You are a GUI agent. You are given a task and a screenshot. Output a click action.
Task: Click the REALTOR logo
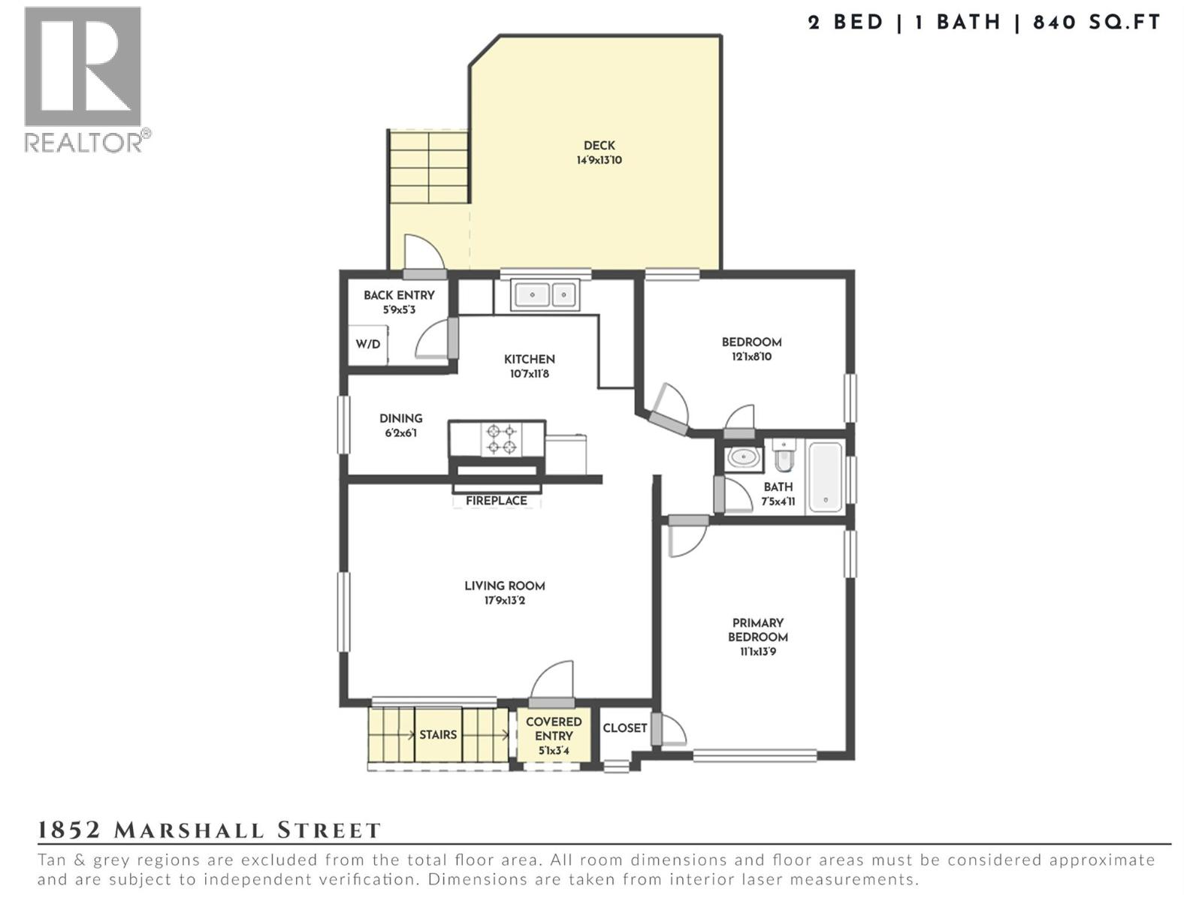point(83,78)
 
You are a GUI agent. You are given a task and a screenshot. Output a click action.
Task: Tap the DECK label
point(599,146)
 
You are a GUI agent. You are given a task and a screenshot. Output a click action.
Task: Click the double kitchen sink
point(545,294)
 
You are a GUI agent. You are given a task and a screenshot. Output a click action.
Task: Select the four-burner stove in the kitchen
point(501,439)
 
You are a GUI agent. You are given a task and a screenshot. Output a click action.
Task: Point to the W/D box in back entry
point(367,345)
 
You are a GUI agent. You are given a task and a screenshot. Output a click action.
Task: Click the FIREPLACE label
point(496,501)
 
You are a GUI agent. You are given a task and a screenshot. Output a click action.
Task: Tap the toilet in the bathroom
point(784,454)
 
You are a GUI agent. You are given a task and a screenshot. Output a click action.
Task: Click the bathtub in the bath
point(825,477)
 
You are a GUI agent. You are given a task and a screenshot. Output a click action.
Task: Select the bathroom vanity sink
point(744,457)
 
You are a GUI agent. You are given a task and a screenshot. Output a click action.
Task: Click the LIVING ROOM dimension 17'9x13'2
point(505,601)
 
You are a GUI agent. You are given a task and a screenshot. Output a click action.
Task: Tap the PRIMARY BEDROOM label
point(757,630)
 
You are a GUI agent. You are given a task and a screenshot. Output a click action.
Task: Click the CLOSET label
point(624,728)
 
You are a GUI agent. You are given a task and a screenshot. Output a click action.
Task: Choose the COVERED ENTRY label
point(553,728)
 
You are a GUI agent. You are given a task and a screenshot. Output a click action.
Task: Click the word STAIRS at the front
point(438,734)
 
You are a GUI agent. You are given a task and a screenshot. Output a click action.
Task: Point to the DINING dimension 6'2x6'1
point(400,433)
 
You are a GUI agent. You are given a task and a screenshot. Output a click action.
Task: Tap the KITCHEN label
point(529,360)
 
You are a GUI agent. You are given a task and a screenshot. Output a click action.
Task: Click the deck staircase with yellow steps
point(428,166)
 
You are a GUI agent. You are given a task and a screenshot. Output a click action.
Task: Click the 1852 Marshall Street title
point(210,830)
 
